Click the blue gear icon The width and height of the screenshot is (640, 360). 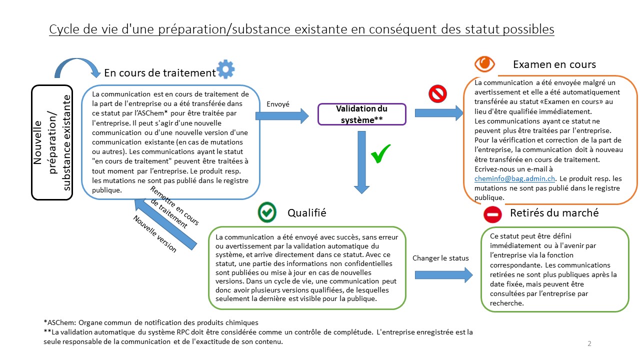pyautogui.click(x=225, y=69)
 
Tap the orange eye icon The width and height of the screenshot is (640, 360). pyautogui.click(x=484, y=63)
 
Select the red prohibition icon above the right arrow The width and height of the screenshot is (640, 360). pyautogui.click(x=437, y=93)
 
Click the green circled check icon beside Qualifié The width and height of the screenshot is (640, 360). pyautogui.click(x=267, y=212)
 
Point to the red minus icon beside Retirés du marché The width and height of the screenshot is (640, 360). pyautogui.click(x=492, y=214)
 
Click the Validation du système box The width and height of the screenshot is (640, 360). pyautogui.click(x=362, y=114)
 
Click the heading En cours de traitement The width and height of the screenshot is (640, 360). pyautogui.click(x=159, y=72)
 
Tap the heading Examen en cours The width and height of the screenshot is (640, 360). pyautogui.click(x=554, y=64)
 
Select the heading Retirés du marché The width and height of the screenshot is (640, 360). pyautogui.click(x=554, y=213)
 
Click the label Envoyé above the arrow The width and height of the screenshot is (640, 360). pyautogui.click(x=278, y=104)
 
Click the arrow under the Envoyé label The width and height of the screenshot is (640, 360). pyautogui.click(x=282, y=116)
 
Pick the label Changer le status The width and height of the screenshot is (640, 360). pyautogui.click(x=440, y=258)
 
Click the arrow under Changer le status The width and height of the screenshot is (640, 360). pyautogui.click(x=443, y=274)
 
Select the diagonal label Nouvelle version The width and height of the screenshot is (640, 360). pyautogui.click(x=154, y=233)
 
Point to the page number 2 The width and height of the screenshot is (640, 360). pyautogui.click(x=589, y=343)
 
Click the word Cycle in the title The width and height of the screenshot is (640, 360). pyautogui.click(x=63, y=29)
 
